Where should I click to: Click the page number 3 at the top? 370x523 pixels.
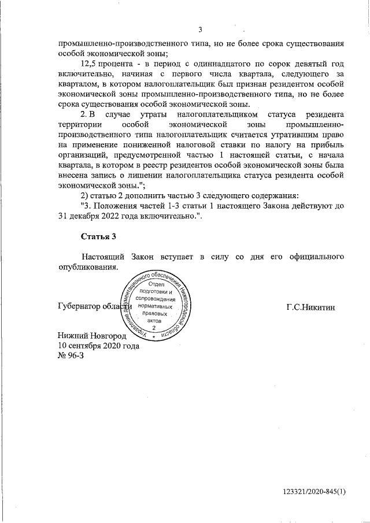tap(200, 31)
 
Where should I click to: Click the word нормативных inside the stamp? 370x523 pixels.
tap(156, 306)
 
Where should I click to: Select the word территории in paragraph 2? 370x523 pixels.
tap(80, 125)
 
